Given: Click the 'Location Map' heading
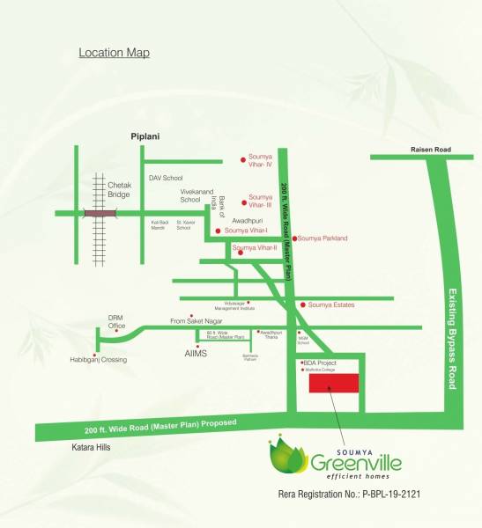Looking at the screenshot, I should [114, 53].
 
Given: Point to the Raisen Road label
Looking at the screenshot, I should [430, 150].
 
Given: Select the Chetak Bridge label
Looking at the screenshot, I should [121, 190].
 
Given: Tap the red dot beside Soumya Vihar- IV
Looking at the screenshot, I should [243, 160].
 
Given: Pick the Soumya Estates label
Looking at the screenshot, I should [331, 304].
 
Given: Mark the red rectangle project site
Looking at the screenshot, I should [332, 385].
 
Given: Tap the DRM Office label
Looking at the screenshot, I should [116, 321].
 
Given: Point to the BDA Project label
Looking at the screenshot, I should [319, 363].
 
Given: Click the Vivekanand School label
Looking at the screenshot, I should [197, 194].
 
